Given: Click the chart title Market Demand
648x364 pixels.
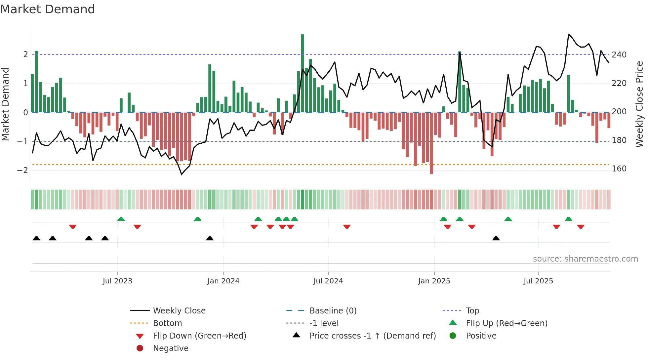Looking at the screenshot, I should [48, 9].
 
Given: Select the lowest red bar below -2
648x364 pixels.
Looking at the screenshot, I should [431, 144].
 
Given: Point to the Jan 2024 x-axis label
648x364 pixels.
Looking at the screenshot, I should [223, 281].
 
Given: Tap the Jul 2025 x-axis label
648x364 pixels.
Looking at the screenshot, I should [538, 281].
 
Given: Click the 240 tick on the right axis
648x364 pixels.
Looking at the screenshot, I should [619, 55].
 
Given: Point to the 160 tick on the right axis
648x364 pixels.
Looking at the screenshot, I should [619, 169].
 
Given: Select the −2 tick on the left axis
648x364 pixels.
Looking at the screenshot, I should [23, 170].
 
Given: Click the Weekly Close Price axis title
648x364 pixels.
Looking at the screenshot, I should [639, 104].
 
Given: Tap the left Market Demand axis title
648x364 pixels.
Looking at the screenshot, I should [5, 104].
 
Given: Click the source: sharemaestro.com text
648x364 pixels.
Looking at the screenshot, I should [585, 259].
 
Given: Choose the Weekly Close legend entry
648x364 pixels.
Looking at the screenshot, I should [179, 311].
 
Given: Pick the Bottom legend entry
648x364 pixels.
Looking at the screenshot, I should [167, 323].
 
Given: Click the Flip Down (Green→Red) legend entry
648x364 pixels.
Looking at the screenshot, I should [199, 336].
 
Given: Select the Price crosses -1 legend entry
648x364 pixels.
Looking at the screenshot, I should [372, 336].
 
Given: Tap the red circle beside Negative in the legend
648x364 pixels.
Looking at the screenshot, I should [140, 348].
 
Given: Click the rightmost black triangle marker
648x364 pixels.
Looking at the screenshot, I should [496, 238].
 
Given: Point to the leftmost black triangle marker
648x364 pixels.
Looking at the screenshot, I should [36, 238].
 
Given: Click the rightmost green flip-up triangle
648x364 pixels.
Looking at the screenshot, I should [569, 219].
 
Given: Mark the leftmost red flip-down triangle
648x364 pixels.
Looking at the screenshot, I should [73, 227].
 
